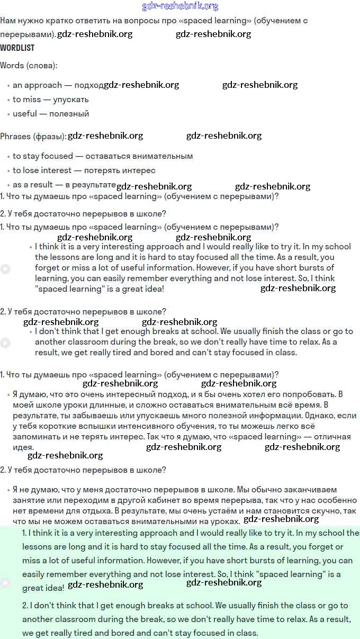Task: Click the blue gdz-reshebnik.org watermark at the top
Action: pos(180,6)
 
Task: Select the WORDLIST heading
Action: pos(17,48)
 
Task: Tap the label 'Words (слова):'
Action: pos(29,66)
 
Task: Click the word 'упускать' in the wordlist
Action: pos(71,100)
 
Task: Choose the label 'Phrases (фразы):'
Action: pos(33,137)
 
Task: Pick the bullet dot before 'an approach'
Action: pos(8,86)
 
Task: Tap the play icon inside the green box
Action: pos(5,583)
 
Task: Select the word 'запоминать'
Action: pos(33,437)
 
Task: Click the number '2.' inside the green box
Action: pos(25,606)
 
